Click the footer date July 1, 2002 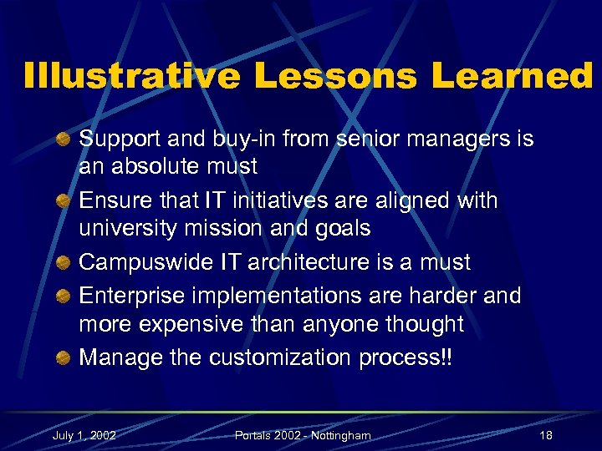pyautogui.click(x=84, y=436)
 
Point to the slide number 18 pyautogui.click(x=546, y=436)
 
